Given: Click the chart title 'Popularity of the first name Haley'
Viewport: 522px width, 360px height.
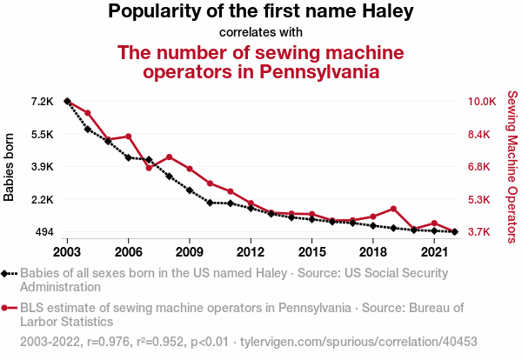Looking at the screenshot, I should [x=261, y=12].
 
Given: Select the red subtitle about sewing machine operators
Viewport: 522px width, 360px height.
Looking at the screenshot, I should [x=261, y=62].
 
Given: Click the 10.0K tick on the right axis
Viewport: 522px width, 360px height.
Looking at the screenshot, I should [x=482, y=102].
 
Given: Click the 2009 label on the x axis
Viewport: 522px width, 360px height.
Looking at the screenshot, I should [x=190, y=251].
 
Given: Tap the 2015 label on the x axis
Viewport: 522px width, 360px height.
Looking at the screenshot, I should [x=311, y=251].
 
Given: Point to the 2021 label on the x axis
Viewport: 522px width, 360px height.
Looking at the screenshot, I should [x=434, y=251].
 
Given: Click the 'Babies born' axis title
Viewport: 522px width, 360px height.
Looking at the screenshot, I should [x=10, y=167].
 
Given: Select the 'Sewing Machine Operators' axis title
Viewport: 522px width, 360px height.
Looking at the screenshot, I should [x=512, y=167].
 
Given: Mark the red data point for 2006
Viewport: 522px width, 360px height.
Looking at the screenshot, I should [x=129, y=137].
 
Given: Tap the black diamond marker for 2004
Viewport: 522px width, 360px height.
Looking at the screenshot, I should [x=88, y=129].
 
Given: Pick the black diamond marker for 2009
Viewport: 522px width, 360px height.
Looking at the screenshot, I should [x=190, y=190].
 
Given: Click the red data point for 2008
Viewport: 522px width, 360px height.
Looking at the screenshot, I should [x=169, y=157].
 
